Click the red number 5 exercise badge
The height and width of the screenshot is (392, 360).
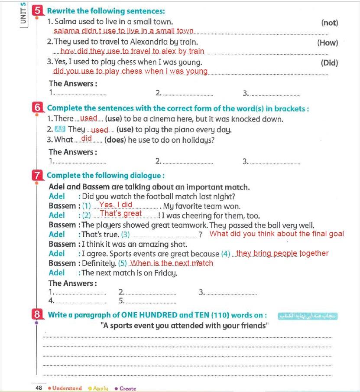pos(39,10)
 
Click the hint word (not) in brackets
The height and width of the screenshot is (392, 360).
pos(330,23)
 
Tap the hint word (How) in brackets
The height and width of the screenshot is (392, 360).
pos(328,42)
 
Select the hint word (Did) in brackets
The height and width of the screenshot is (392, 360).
pos(329,62)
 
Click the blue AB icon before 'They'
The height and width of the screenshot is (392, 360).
pos(60,129)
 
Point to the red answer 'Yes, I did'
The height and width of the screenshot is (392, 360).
pos(116,205)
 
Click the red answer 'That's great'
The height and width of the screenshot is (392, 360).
pos(121,213)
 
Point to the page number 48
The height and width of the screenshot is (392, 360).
pos(39,388)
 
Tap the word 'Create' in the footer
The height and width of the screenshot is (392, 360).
pos(127,388)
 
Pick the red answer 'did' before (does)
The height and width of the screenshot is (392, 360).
pos(87,138)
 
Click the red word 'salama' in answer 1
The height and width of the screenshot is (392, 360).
pos(66,31)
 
